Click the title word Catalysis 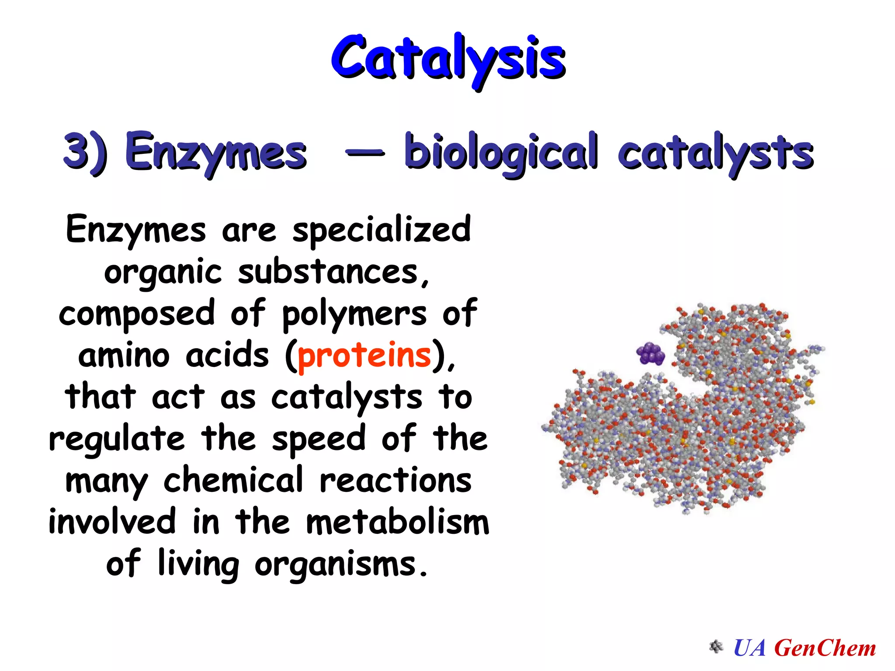[x=448, y=59]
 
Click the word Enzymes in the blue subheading [x=216, y=152]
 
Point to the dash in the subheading [x=365, y=152]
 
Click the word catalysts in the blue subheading [x=715, y=152]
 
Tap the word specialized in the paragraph [x=382, y=230]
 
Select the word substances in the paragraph [x=328, y=272]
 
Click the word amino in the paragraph [x=124, y=355]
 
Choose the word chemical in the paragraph [x=233, y=480]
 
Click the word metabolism [x=397, y=522]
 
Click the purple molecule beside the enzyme [x=651, y=353]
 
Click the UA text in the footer [x=750, y=647]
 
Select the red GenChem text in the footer [x=825, y=647]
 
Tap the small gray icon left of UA [x=716, y=647]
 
